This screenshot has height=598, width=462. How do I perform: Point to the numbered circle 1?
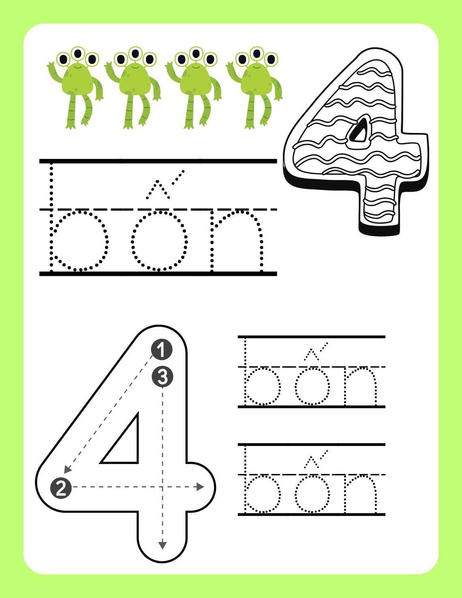(162, 350)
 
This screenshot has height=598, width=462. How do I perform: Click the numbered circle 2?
(61, 488)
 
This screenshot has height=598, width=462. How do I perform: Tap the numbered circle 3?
(162, 377)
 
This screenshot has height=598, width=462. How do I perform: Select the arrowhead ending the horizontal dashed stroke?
(200, 487)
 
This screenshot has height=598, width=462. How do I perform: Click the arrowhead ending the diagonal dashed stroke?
(67, 470)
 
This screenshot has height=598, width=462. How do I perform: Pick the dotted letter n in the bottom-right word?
(360, 493)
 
